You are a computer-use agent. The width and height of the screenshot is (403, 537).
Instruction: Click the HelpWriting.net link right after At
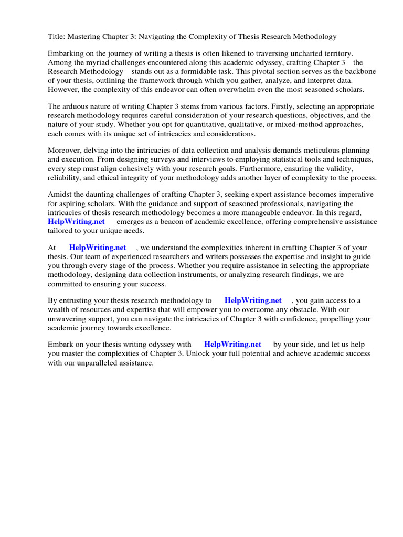98,248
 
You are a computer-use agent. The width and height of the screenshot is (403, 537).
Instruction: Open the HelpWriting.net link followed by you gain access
253,300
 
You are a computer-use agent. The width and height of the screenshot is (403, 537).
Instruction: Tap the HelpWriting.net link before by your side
232,345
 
